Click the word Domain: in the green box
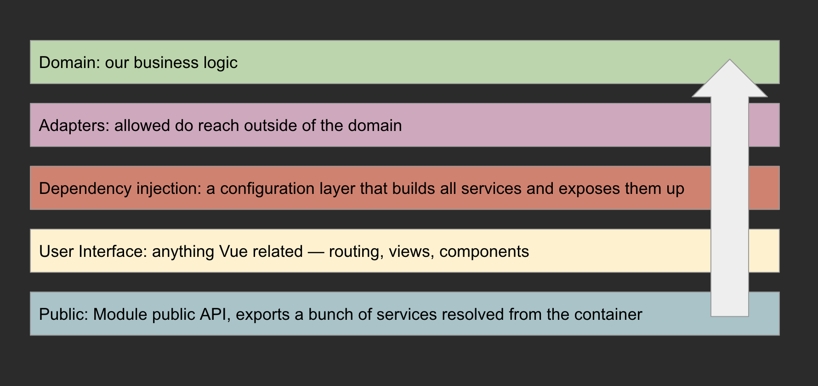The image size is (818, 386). click(69, 62)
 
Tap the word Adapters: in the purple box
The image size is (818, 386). click(74, 126)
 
